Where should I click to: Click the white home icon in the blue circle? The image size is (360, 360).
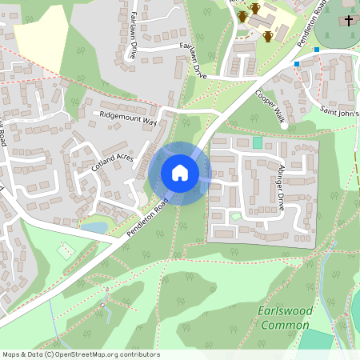(180, 173)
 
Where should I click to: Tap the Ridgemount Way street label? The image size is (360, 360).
(128, 117)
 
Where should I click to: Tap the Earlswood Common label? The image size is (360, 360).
(283, 318)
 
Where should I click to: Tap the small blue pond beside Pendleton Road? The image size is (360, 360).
(94, 228)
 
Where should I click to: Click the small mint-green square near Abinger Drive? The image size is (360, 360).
(257, 142)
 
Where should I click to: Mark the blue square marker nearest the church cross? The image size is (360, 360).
(317, 50)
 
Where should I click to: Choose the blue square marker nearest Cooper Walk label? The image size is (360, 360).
(297, 64)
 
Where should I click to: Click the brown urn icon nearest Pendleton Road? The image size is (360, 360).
(268, 37)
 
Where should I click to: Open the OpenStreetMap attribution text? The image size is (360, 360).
(81, 354)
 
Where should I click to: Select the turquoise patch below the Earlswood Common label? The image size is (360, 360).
(317, 339)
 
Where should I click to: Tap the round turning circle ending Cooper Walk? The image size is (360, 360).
(284, 125)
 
